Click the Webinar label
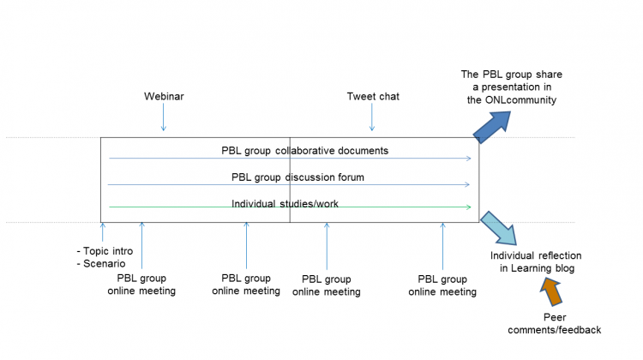(x=164, y=96)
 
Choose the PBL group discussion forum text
(x=297, y=177)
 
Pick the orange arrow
(x=551, y=293)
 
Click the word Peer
(x=554, y=317)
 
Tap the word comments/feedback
(x=554, y=330)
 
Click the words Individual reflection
(x=536, y=255)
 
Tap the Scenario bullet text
(x=102, y=264)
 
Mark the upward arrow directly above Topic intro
(x=102, y=232)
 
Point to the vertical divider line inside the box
(x=290, y=179)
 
